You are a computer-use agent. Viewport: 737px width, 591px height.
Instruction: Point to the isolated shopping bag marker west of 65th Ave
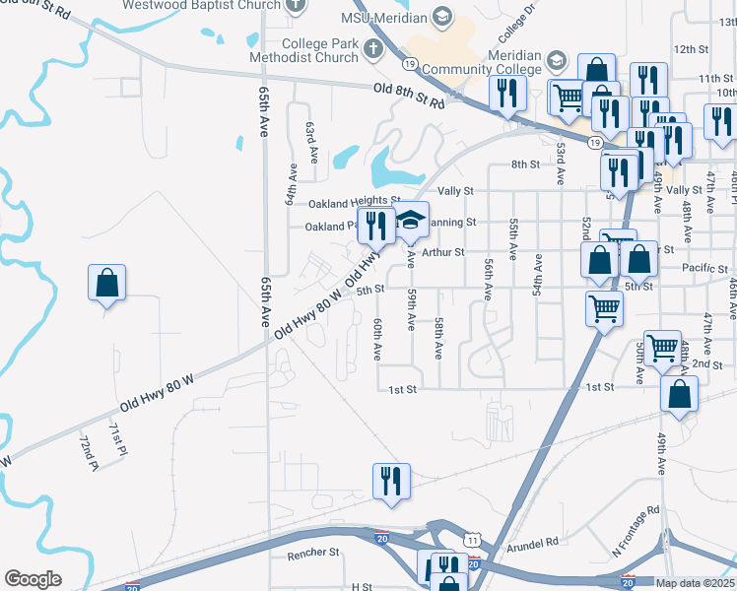point(107,284)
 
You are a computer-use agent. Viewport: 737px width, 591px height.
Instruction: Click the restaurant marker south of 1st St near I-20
point(391,482)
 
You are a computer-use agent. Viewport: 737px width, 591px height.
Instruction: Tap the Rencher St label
point(313,555)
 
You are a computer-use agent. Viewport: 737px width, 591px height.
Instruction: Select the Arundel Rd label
point(533,541)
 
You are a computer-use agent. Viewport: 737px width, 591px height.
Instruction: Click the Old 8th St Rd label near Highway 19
point(410,95)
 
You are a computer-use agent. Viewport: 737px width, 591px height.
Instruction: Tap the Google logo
point(33,579)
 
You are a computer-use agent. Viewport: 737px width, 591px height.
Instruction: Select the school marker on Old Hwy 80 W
point(411,222)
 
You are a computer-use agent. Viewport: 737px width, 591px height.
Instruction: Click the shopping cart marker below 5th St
point(604,309)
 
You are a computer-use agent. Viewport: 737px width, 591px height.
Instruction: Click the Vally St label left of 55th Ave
point(455,190)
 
